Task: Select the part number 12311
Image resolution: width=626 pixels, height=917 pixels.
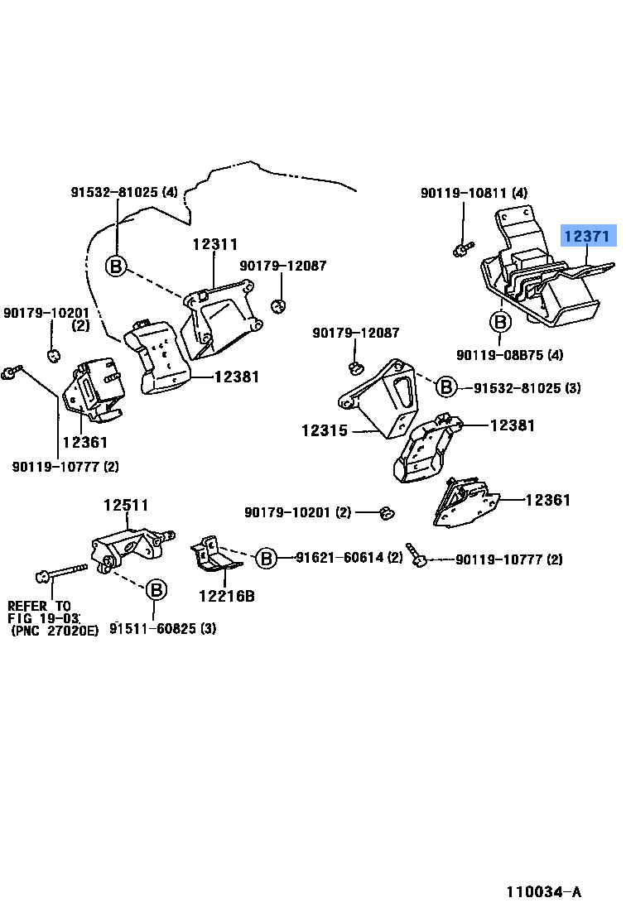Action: coord(215,245)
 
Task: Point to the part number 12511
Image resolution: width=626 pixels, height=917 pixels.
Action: coord(126,506)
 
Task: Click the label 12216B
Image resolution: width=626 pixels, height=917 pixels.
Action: coord(227,594)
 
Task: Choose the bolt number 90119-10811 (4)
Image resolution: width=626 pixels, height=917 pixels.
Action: coord(474,193)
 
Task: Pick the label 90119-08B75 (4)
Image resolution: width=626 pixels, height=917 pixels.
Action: coord(509,355)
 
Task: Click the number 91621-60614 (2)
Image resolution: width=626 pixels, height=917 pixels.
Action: coord(349,558)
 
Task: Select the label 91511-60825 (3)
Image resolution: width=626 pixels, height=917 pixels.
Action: coord(164,628)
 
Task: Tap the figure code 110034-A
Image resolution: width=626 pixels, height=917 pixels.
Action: coord(544,892)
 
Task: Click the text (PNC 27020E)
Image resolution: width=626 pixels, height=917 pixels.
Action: coord(55,631)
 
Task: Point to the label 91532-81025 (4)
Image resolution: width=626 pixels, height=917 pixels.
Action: coord(123,193)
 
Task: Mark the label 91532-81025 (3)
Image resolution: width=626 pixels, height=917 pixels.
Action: coord(527,386)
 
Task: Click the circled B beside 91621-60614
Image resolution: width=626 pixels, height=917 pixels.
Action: coord(266,559)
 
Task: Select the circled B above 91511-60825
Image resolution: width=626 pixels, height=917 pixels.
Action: coord(156,590)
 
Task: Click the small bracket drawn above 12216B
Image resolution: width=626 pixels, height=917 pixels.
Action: coord(215,554)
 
